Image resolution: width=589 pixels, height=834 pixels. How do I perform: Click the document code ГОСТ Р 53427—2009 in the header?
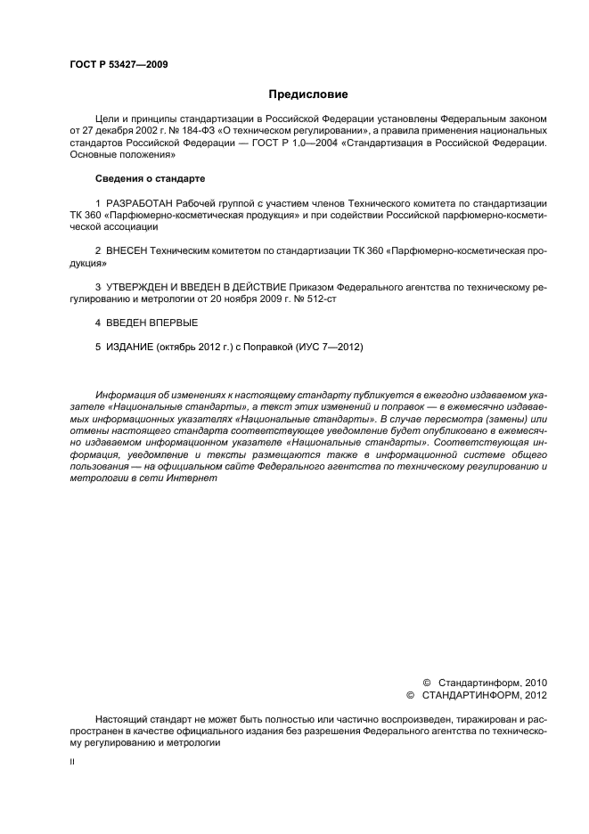pos(119,64)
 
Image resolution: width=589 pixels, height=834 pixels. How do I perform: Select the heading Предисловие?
pos(308,94)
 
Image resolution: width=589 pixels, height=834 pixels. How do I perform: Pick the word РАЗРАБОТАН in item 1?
pos(140,203)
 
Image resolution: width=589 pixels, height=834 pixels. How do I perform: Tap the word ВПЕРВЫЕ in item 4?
pos(174,323)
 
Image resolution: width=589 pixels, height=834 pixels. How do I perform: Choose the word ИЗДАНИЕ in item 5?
pos(130,347)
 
